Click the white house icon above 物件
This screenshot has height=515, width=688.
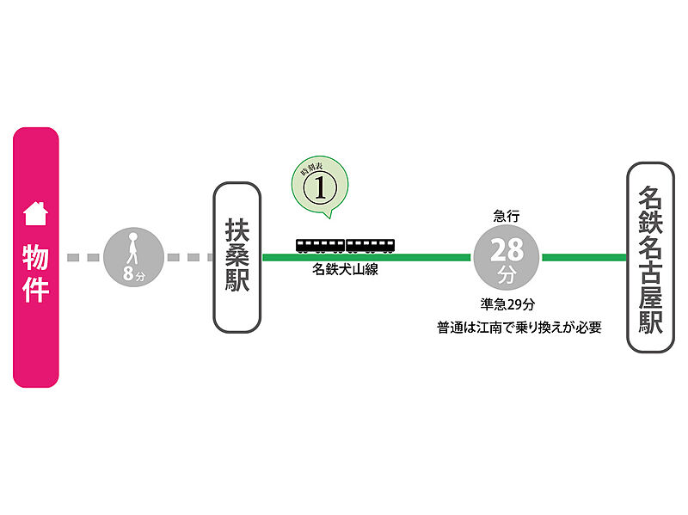[x=35, y=212]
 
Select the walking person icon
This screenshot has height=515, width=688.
[x=133, y=248]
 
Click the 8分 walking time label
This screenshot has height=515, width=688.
[x=133, y=275]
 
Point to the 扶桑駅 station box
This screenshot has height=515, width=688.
[x=237, y=258]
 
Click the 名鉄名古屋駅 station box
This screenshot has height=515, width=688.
[x=651, y=258]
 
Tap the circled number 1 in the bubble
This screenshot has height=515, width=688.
[x=321, y=188]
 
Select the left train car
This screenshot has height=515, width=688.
[x=321, y=246]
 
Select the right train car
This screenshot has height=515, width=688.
[x=371, y=246]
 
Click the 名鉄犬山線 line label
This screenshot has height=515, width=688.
[x=346, y=270]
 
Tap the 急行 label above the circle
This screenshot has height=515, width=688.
[x=507, y=215]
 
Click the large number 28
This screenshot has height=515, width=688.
[x=507, y=251]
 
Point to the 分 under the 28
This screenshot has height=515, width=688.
[x=507, y=276]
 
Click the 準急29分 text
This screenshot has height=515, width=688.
[x=507, y=303]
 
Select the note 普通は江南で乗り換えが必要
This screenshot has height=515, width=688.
[x=517, y=328]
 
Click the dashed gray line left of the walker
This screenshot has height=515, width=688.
[x=84, y=257]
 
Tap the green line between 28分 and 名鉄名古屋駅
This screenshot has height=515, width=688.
[x=585, y=257]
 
